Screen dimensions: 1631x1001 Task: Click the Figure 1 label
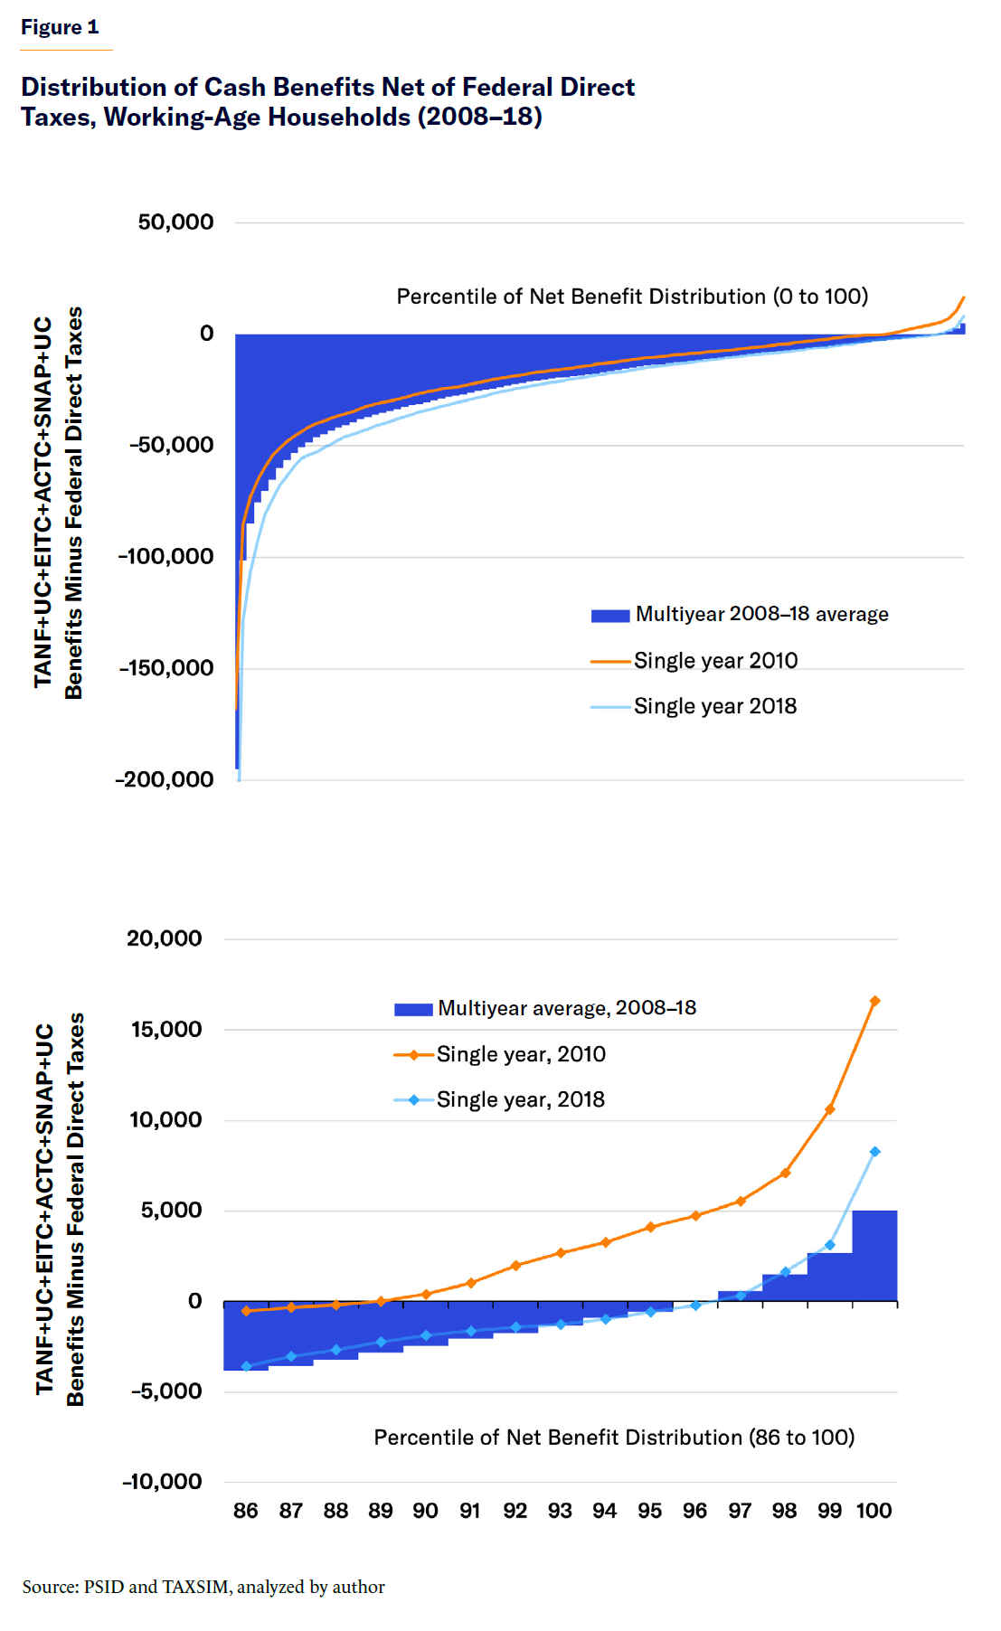[60, 27]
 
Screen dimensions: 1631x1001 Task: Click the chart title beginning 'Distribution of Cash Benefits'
[327, 101]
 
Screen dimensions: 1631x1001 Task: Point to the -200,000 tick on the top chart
[165, 779]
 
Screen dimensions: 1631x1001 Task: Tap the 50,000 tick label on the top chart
[175, 222]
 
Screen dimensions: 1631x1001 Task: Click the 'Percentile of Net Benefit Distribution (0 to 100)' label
[632, 297]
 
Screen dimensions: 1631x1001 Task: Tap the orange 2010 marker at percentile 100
[874, 1001]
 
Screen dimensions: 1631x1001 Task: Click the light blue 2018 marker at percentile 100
[874, 1152]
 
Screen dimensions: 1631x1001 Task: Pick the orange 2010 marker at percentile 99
[830, 1109]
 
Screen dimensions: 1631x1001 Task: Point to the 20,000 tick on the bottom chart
[165, 938]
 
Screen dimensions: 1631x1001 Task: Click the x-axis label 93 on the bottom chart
[560, 1511]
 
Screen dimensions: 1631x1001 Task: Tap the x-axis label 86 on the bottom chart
[246, 1511]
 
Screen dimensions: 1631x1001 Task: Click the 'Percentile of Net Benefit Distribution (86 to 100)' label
[614, 1438]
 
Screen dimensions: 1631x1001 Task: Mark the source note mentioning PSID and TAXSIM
[203, 1587]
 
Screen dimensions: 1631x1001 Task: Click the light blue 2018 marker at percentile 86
[246, 1366]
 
